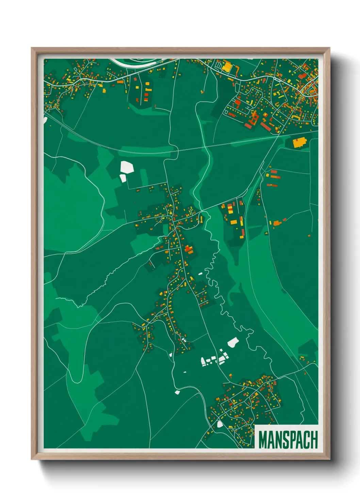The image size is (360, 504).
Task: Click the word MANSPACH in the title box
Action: [x=288, y=440]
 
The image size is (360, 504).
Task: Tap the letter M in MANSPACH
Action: [x=263, y=440]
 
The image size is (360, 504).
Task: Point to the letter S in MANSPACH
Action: [x=285, y=440]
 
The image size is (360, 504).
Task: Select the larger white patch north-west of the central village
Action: [x=127, y=167]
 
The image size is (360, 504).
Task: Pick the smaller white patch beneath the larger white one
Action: [x=122, y=178]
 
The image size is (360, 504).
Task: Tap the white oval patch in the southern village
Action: [x=219, y=424]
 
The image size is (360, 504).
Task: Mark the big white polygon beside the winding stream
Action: [x=233, y=342]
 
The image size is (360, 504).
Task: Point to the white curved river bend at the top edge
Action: [x=136, y=62]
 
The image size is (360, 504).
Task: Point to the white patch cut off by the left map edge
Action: [x=45, y=120]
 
